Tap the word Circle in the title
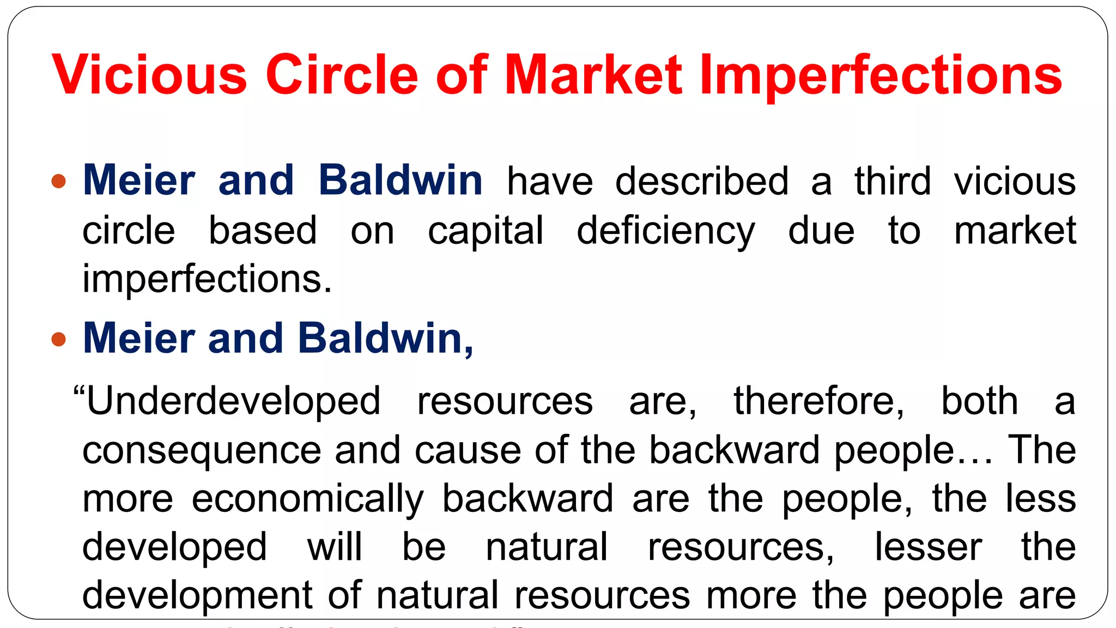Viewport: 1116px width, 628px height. [342, 75]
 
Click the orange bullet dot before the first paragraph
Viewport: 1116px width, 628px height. [59, 181]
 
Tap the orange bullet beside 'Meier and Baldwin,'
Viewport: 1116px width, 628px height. [59, 339]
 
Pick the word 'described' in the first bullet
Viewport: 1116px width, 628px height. [702, 181]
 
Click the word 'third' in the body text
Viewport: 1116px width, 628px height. [893, 181]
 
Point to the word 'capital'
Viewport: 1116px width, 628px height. [485, 231]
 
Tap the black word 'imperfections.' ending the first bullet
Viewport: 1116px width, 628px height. [207, 280]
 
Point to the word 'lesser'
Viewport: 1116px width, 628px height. [928, 547]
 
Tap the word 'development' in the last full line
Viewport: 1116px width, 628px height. [197, 596]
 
